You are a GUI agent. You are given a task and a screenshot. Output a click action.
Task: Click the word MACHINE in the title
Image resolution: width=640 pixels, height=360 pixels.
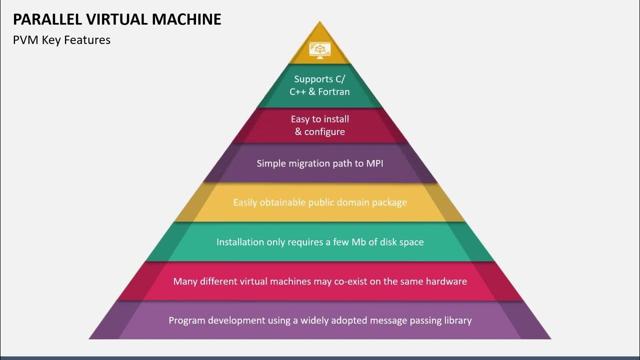(x=186, y=19)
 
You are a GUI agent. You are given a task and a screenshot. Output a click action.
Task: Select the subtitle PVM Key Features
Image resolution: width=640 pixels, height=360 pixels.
(x=61, y=40)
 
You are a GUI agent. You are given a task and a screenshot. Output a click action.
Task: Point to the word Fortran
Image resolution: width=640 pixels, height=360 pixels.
(x=332, y=92)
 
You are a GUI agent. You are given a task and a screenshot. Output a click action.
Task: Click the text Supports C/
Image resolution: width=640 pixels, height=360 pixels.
(x=319, y=79)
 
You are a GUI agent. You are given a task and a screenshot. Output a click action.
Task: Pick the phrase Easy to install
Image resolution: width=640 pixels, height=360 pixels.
(x=319, y=119)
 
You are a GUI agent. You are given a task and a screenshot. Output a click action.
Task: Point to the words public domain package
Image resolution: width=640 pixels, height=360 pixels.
(x=357, y=202)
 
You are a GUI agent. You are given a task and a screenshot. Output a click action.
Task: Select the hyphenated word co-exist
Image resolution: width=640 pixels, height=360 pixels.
(x=349, y=281)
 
